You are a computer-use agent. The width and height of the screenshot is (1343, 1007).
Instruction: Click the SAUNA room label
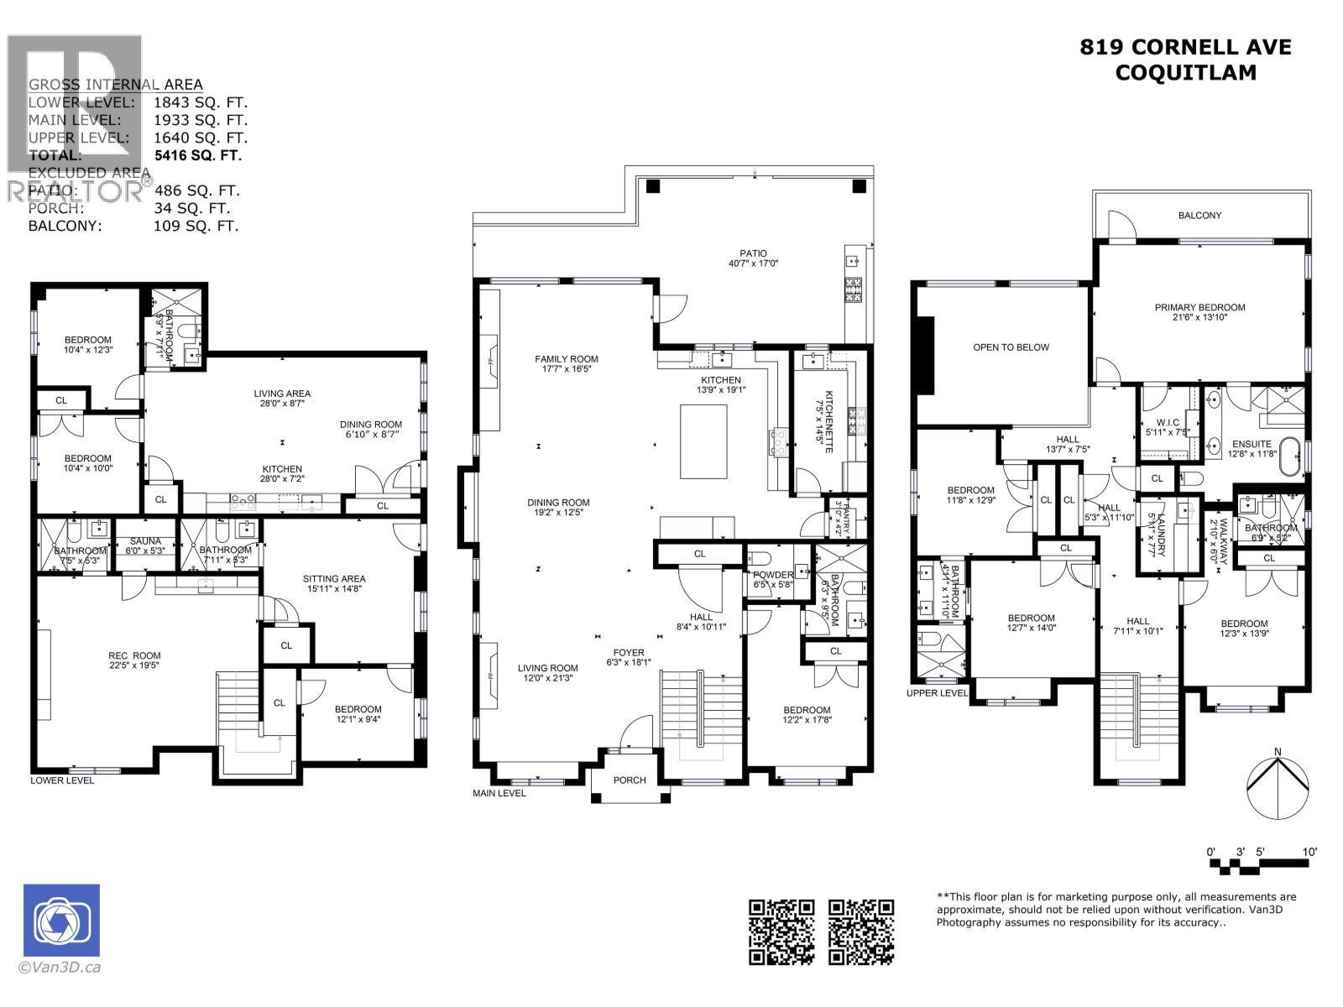(145, 542)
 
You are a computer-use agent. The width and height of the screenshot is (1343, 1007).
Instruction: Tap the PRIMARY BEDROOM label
(1199, 307)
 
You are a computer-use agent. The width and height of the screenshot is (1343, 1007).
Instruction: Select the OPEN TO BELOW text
(1011, 347)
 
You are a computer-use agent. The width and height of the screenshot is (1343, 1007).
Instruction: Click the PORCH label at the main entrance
(630, 780)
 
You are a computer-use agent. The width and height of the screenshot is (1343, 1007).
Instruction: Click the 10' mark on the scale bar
(1309, 852)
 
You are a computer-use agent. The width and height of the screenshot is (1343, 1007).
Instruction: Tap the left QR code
(781, 931)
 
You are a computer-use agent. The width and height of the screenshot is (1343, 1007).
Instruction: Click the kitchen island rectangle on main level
(703, 441)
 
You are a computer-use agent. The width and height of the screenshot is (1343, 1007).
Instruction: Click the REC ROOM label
(134, 655)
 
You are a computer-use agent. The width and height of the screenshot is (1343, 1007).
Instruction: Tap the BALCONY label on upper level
(1199, 216)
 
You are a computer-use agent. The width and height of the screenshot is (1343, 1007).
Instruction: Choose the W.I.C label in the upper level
(1168, 422)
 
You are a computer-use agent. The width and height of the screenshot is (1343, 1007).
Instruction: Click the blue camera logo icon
(61, 920)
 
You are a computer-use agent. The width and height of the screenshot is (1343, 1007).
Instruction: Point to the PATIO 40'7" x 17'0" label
(753, 258)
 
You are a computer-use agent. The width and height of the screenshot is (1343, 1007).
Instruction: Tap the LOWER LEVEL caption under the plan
(62, 780)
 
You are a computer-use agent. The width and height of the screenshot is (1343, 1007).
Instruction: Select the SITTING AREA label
(334, 578)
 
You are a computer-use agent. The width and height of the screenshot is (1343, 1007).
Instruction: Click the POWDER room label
(772, 575)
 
